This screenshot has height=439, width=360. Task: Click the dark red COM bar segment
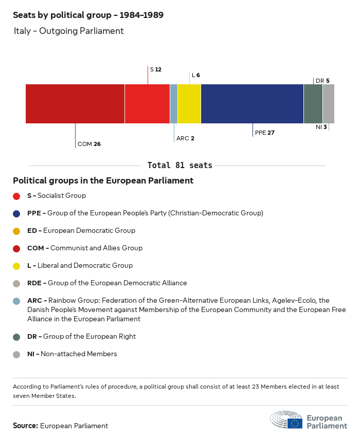[75, 104]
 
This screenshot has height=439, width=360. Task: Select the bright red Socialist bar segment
[147, 104]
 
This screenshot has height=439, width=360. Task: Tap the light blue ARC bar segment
[174, 104]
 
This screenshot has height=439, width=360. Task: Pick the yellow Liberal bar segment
[189, 104]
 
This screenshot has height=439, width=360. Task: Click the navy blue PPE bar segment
[252, 104]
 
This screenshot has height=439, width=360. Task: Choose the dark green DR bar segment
[313, 104]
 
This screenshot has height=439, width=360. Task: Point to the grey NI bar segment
[329, 104]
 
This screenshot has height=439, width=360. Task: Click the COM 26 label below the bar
[89, 144]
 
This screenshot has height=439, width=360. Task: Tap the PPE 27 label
[265, 133]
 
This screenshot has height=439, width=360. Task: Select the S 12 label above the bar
[155, 69]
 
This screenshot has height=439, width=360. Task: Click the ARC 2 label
[185, 138]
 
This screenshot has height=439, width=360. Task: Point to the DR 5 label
[322, 81]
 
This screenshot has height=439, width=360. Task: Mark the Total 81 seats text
[180, 166]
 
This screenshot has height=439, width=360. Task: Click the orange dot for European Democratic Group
[16, 231]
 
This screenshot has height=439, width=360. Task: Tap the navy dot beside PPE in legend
[16, 213]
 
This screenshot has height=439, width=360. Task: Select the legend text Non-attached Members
[79, 354]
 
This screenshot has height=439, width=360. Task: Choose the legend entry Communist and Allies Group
[85, 248]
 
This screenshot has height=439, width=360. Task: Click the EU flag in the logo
[295, 423]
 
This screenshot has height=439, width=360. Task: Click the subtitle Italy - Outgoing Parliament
[69, 31]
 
